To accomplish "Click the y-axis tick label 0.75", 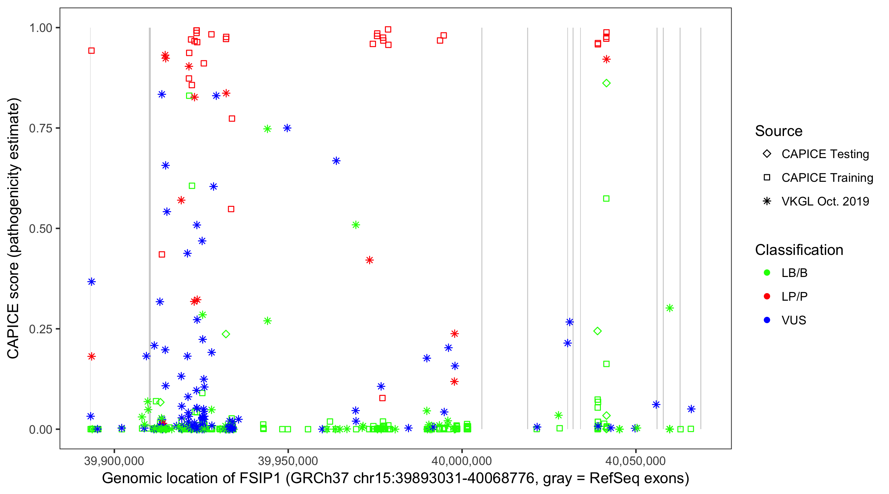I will [x=40, y=128].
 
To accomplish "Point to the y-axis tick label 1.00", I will [x=40, y=28].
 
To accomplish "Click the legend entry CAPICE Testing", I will [x=825, y=154].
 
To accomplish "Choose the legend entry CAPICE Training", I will [x=827, y=178].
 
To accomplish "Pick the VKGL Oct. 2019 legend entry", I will [x=825, y=201].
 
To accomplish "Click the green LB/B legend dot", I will [x=767, y=273].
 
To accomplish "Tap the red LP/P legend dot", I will [x=767, y=296].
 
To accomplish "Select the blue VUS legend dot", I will [x=767, y=320].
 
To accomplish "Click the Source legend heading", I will [x=779, y=131].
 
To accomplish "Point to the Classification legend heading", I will [x=798, y=250].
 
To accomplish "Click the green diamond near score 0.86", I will [x=606, y=83].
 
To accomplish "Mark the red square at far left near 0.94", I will [x=92, y=51].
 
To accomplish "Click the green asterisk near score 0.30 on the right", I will [x=669, y=308].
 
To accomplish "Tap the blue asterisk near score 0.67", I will [x=337, y=161].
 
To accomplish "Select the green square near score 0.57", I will [x=606, y=199].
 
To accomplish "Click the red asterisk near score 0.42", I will [x=370, y=260].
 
